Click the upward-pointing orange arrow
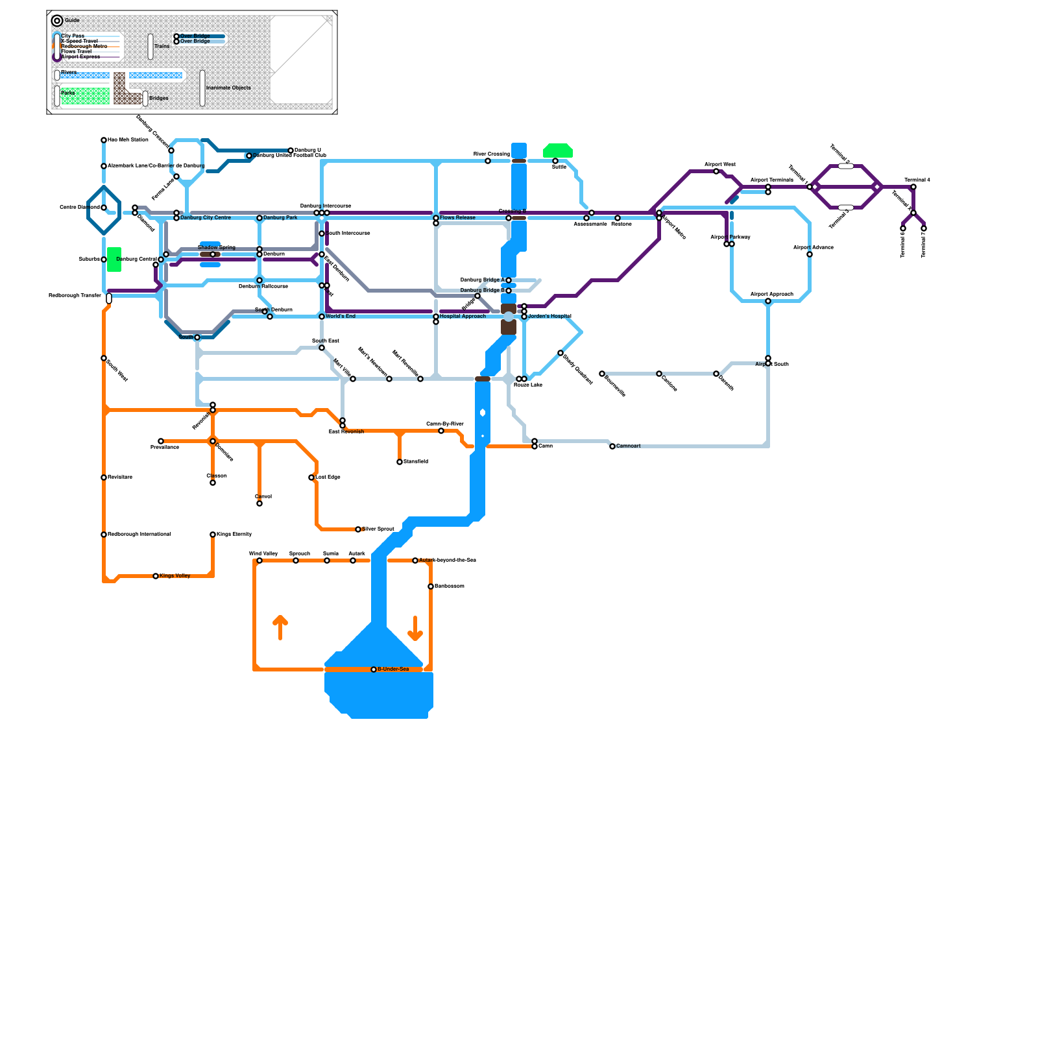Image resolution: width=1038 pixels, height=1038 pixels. pos(280,627)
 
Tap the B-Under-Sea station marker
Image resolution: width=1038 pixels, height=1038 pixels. pos(374,670)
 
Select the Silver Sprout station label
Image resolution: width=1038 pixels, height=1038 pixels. pos(378,529)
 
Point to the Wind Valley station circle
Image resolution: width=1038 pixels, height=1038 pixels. pos(259,561)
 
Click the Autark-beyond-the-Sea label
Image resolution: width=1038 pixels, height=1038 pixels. pos(448,560)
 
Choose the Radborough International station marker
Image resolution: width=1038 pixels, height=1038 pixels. pos(104,535)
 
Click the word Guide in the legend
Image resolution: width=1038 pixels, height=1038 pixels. pos(72,20)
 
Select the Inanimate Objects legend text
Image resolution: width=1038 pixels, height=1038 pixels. pos(228,88)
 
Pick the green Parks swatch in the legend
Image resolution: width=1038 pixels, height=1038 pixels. pos(85,96)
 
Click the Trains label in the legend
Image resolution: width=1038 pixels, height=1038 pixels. pos(162,46)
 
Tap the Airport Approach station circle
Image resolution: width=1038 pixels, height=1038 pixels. pos(768,301)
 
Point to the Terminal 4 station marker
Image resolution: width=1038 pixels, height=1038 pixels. pos(913,187)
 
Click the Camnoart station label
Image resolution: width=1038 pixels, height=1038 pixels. pos(628,446)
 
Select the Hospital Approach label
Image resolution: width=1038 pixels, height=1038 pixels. pos(463,316)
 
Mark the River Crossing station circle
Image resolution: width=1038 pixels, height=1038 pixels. pos(488,161)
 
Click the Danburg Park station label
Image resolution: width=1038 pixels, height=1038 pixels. pos(280,217)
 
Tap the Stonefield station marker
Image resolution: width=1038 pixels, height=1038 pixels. pos(400,462)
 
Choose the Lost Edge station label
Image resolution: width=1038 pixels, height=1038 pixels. pos(328,477)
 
